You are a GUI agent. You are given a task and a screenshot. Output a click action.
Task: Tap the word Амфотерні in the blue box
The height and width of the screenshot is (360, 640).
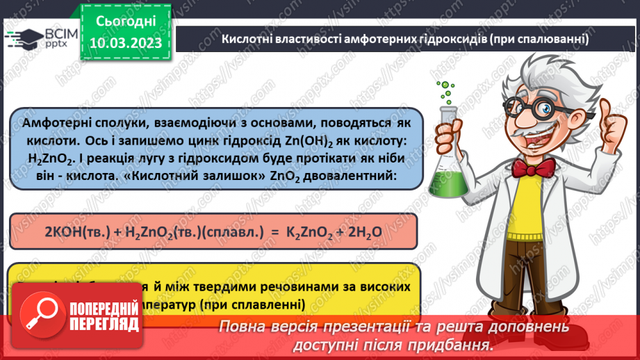pyautogui.click(x=56, y=123)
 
